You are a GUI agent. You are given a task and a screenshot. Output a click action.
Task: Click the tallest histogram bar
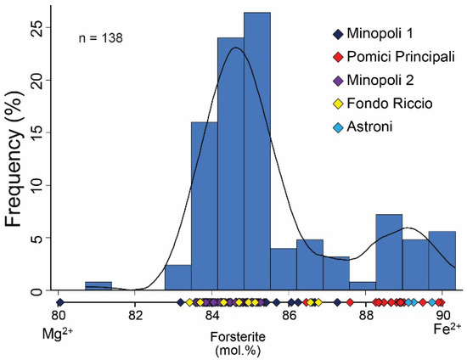256,153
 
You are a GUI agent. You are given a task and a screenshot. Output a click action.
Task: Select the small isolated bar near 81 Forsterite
98,286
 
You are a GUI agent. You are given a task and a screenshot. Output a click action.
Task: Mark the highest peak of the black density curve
235,48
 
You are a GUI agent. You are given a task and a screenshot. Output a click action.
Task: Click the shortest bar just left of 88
362,286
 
